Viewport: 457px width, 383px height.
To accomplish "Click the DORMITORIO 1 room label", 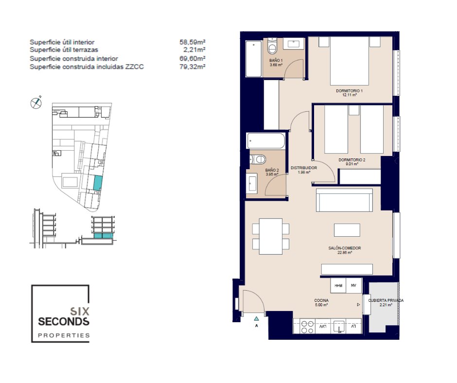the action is tap(349, 91).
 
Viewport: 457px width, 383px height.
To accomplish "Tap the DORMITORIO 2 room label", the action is tap(352, 160).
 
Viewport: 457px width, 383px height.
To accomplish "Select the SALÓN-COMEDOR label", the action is tap(345, 248).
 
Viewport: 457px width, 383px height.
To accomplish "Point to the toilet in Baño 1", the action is tap(272, 46).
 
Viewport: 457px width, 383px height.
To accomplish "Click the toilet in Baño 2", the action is tap(258, 159).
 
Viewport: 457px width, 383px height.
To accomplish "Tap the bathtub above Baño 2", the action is tap(266, 141).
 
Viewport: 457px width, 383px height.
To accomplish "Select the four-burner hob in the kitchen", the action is tap(307, 327).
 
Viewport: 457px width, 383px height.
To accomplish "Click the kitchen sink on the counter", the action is tap(339, 327).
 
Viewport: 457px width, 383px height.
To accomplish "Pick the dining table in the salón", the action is tap(271, 236).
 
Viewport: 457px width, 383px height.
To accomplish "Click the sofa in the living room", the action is tap(345, 200).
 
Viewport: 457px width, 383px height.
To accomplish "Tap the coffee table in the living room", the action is tap(347, 230).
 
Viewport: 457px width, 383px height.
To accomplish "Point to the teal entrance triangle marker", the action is tap(257, 318).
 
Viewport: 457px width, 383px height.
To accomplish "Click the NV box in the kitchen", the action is tap(353, 285).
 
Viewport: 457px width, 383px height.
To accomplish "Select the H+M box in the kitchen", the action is tap(338, 285).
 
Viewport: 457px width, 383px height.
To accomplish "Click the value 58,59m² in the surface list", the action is tap(193, 42).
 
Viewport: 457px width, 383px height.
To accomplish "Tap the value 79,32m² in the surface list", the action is tap(193, 67).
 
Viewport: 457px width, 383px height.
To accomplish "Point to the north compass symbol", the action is tap(36, 103).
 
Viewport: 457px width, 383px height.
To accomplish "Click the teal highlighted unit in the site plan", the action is tap(98, 183).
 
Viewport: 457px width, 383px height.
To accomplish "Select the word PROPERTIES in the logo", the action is tap(64, 335).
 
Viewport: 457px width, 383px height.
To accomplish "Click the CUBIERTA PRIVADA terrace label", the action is tap(386, 300).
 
